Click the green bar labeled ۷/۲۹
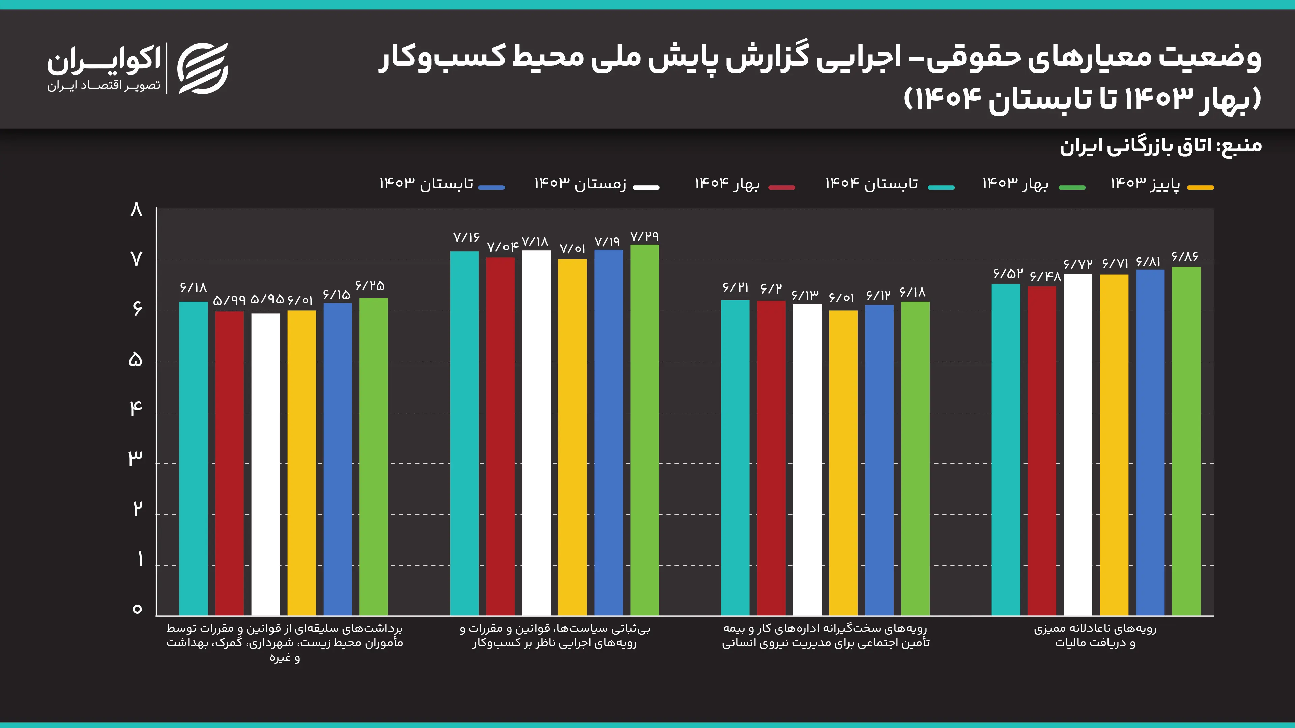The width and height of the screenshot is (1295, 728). [x=644, y=430]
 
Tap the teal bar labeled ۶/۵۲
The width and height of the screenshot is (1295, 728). [x=1006, y=449]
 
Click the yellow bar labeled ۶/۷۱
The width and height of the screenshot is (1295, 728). [x=1114, y=445]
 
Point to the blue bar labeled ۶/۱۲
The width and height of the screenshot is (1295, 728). [x=879, y=460]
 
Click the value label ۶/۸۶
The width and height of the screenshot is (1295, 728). [x=1185, y=257]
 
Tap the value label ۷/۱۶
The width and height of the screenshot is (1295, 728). [x=466, y=237]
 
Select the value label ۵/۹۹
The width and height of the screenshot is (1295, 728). [x=229, y=300]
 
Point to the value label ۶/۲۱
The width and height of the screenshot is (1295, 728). [x=736, y=287]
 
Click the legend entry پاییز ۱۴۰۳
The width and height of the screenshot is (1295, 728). [x=1161, y=184]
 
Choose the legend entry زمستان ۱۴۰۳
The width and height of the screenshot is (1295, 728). [x=596, y=184]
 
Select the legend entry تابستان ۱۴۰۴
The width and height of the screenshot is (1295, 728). [x=889, y=184]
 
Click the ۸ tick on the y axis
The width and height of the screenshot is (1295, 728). [x=136, y=209]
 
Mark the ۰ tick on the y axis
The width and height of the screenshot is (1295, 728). [x=137, y=609]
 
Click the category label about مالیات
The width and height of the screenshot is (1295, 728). [x=1095, y=636]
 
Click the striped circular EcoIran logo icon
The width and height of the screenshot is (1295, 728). [x=203, y=68]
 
